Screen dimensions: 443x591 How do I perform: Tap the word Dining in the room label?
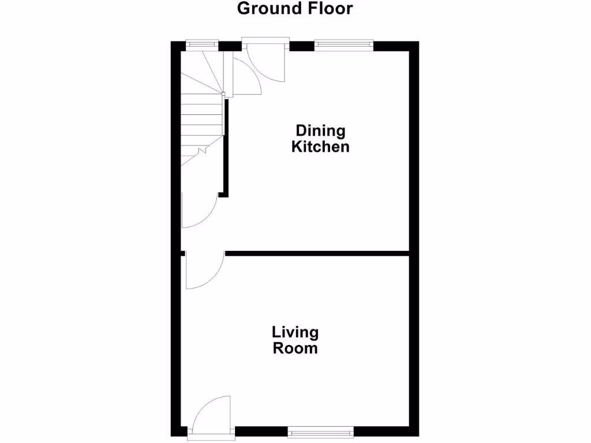[320, 131]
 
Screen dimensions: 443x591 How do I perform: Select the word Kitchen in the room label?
[320, 147]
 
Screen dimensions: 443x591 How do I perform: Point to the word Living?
[295, 333]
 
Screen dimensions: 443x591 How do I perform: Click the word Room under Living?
[295, 348]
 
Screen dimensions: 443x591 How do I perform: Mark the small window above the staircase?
[202, 43]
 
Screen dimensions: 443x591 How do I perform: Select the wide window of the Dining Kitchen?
[344, 44]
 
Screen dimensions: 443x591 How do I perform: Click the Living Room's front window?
[320, 430]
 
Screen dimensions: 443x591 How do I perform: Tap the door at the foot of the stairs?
[197, 211]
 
